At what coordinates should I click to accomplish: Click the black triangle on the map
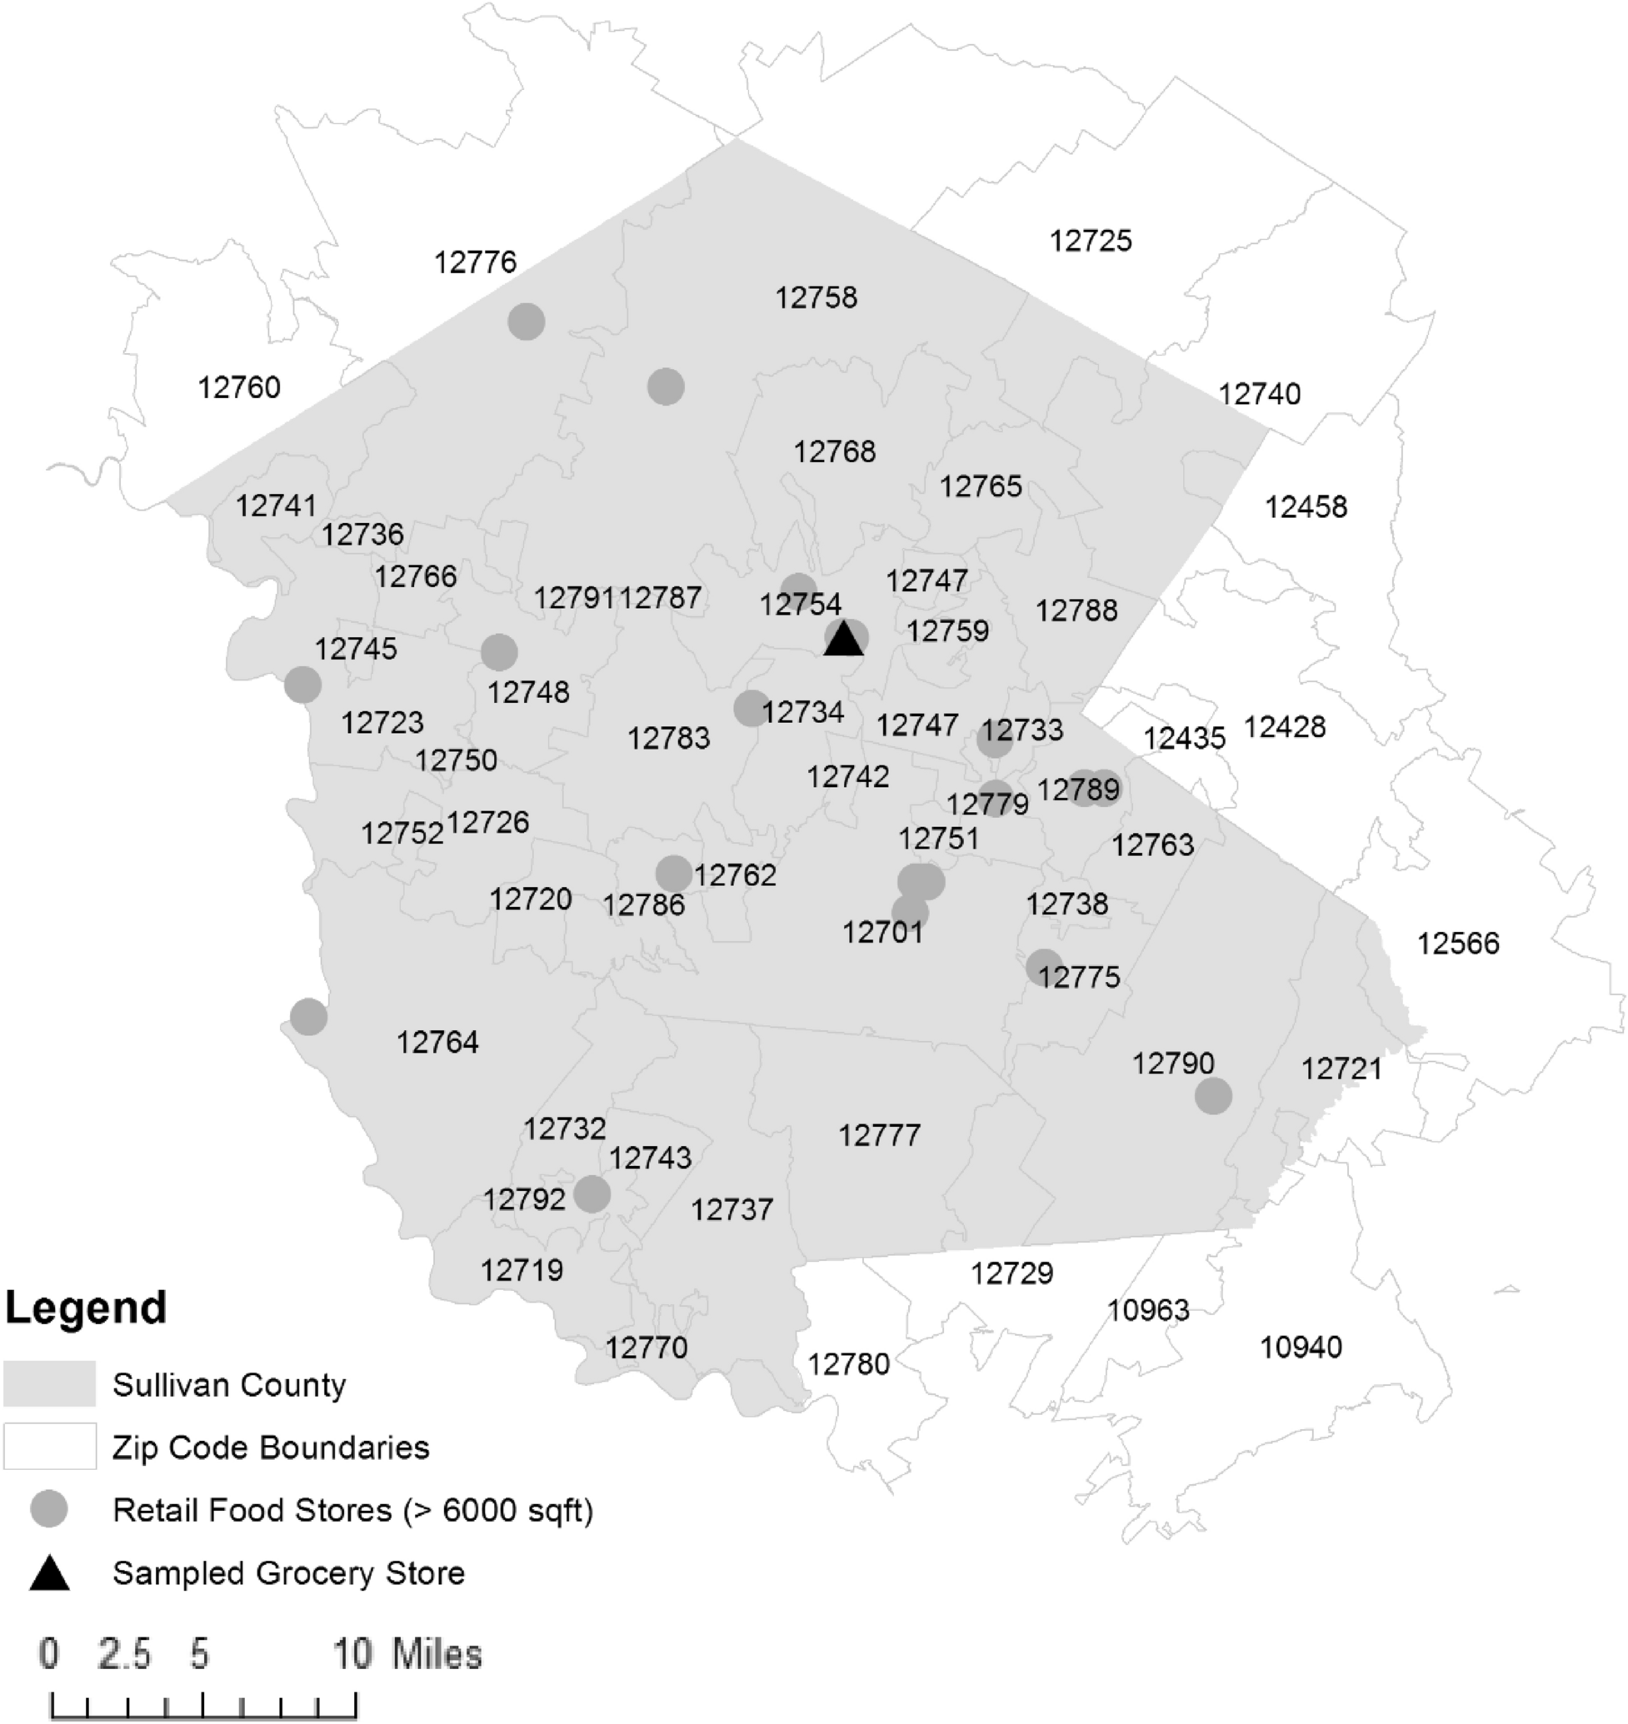843,640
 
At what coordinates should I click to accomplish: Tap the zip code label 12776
475,262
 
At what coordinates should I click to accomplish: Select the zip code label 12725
1090,241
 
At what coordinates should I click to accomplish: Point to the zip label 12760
238,387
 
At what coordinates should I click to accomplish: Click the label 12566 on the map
1457,943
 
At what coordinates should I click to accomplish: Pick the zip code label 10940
1300,1348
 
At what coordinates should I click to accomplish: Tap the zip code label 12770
646,1348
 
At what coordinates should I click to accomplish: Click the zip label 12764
437,1041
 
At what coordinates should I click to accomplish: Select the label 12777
879,1135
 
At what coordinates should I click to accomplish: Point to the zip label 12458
1306,506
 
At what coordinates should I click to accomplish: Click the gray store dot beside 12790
1212,1097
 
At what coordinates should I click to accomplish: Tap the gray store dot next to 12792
592,1193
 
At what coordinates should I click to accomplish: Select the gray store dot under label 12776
526,321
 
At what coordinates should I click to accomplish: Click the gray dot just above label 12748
499,652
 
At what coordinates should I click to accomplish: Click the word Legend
85,1308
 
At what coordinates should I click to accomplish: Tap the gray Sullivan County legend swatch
49,1384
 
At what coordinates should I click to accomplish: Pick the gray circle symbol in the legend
49,1510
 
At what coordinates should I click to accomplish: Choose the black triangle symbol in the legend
49,1574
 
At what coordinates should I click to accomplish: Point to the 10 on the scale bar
353,1654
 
